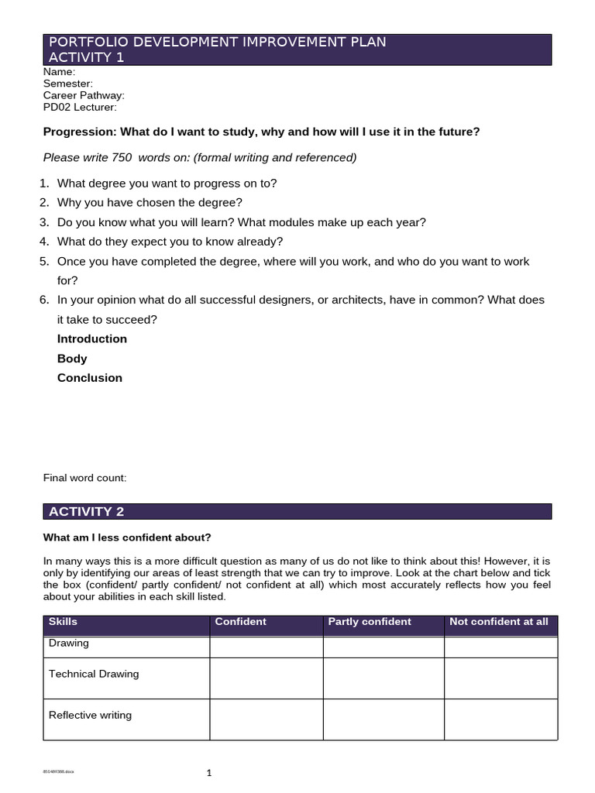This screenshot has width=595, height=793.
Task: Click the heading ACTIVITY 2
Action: (x=86, y=511)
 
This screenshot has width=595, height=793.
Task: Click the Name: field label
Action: (x=59, y=71)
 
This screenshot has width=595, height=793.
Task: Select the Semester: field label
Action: (x=67, y=83)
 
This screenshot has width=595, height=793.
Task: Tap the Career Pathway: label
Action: (x=84, y=95)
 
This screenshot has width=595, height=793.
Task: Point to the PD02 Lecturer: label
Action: (x=80, y=107)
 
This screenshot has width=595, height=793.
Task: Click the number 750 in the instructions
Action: (x=122, y=157)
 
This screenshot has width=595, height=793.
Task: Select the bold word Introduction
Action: (x=92, y=338)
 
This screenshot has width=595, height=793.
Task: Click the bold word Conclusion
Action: (x=90, y=378)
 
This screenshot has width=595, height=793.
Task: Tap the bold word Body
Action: (x=72, y=359)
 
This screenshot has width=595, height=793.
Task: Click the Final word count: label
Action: (x=84, y=478)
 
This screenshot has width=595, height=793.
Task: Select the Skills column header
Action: (x=63, y=622)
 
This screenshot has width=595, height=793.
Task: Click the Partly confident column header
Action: (x=370, y=622)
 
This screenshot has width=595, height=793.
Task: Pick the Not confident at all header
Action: (x=498, y=622)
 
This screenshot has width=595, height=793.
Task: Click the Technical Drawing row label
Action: (x=94, y=674)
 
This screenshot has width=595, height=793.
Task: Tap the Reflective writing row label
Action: (x=90, y=715)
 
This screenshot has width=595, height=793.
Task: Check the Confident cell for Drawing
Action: (x=266, y=647)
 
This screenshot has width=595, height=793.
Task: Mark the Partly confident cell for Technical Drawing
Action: (x=383, y=678)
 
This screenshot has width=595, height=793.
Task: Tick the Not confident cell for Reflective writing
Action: (x=500, y=719)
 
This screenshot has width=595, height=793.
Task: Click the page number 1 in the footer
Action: (x=208, y=772)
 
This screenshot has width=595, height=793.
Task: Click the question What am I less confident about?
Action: (x=127, y=537)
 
